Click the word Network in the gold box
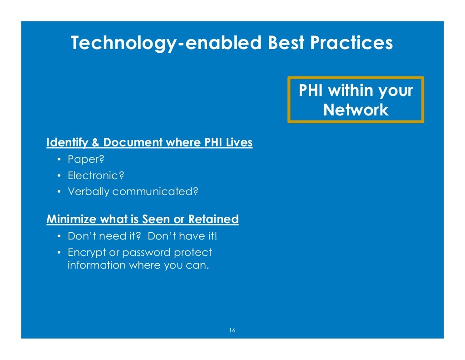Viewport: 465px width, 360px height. pos(356,110)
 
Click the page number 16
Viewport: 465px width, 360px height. pos(232,330)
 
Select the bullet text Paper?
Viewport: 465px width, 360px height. pos(83,160)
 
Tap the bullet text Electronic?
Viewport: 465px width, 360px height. pos(89,175)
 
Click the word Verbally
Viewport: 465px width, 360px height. pos(89,192)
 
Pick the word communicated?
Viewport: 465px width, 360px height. pos(155,192)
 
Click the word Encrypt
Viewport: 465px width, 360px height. pos(83,252)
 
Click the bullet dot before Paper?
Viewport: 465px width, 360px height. pos(59,160)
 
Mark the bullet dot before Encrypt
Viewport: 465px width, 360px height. pos(59,252)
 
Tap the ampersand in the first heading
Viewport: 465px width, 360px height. pos(95,143)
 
